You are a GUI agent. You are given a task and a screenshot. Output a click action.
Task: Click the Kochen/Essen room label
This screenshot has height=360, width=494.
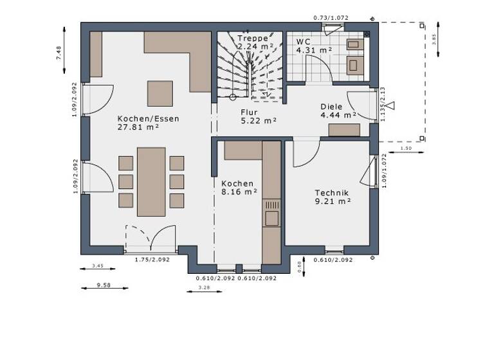[x=148, y=118]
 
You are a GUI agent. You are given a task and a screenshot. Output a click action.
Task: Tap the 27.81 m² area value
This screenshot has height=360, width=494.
[x=138, y=127]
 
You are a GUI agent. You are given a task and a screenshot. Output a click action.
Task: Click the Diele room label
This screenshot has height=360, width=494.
[x=331, y=107]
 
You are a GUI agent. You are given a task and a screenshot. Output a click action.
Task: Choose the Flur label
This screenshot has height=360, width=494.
[x=249, y=111]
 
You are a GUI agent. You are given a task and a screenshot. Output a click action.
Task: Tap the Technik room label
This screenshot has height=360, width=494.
[x=332, y=192]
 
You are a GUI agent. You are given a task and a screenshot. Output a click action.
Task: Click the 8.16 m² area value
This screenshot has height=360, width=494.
[x=239, y=192]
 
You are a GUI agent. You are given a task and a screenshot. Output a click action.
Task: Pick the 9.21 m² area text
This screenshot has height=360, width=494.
[x=333, y=201]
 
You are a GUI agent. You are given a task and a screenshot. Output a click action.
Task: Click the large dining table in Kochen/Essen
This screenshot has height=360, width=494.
[x=151, y=181]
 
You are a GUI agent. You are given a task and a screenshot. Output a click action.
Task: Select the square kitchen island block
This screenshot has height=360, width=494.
[x=160, y=93]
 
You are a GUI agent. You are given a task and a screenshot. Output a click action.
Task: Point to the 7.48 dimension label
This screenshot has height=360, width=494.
[x=59, y=53]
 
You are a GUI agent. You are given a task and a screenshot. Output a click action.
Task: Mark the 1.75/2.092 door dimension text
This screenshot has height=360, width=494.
[x=152, y=260]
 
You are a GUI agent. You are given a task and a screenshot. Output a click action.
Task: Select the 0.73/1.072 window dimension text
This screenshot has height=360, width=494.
[x=331, y=17]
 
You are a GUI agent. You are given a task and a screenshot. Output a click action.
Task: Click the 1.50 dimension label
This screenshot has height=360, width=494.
[x=406, y=148]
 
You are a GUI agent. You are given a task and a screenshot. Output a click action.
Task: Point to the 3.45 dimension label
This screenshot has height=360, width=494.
[x=98, y=265]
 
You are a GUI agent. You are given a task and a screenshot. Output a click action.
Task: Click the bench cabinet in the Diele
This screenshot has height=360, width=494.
[x=344, y=130]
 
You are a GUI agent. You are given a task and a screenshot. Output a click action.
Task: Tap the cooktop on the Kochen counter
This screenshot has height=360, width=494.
[x=271, y=208]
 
